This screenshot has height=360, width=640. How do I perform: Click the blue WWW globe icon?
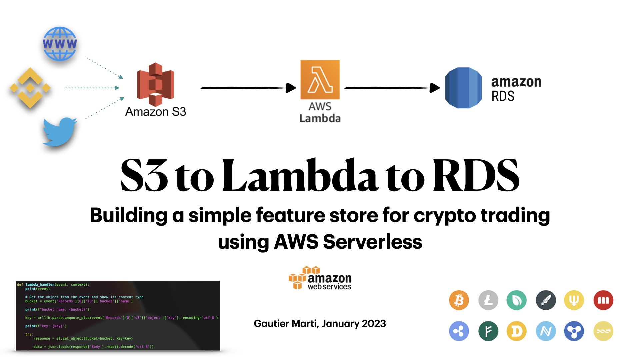pyautogui.click(x=60, y=44)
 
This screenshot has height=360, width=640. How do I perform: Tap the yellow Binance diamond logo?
pyautogui.click(x=30, y=88)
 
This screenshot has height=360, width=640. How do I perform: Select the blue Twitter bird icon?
pyautogui.click(x=59, y=131)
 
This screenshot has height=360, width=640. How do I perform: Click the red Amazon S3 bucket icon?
pyautogui.click(x=155, y=84)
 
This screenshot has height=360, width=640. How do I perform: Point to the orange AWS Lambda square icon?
pyautogui.click(x=320, y=80)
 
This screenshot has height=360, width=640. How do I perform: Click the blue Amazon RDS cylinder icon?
pyautogui.click(x=463, y=88)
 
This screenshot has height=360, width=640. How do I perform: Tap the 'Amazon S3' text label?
pyautogui.click(x=156, y=112)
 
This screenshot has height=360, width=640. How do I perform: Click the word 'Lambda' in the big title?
pyautogui.click(x=300, y=176)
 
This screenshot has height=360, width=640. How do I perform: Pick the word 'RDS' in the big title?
pyautogui.click(x=476, y=176)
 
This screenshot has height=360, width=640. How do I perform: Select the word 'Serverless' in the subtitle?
pyautogui.click(x=372, y=242)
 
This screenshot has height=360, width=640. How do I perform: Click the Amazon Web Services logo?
pyautogui.click(x=320, y=278)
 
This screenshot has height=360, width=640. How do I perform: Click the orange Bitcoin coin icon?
pyautogui.click(x=459, y=300)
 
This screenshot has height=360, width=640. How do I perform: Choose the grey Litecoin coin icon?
pyautogui.click(x=488, y=300)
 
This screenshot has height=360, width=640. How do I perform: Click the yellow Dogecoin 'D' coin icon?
pyautogui.click(x=516, y=331)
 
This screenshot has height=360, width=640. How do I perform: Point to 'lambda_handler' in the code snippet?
pyautogui.click(x=40, y=285)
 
